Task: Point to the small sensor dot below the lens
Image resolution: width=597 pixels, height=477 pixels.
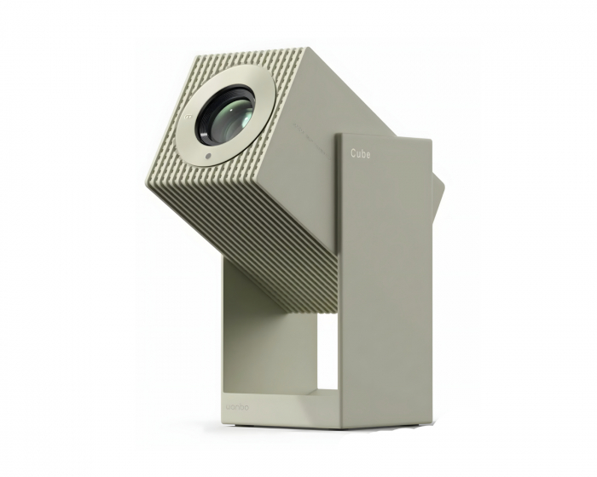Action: point(207,158)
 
